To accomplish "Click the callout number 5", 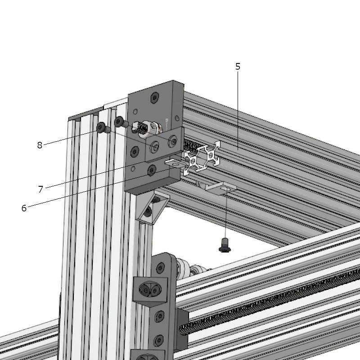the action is point(238,67).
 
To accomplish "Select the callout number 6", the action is point(24,208).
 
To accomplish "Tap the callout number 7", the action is point(40,189).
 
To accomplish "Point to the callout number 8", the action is point(40,145).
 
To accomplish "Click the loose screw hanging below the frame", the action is point(225,245).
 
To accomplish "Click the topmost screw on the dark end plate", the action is point(155,98).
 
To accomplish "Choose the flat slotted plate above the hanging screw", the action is point(220,188).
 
